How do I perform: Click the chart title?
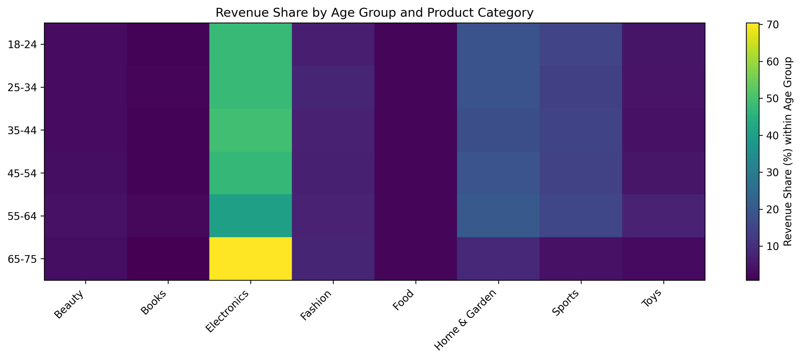[374, 13]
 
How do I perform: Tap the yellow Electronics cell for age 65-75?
[251, 259]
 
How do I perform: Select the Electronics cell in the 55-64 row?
[251, 216]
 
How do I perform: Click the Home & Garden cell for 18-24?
[498, 44]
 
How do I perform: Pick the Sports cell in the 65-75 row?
[581, 259]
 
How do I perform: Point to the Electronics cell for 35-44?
[251, 130]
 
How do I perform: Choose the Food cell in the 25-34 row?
[416, 87]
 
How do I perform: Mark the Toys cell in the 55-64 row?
[664, 216]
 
